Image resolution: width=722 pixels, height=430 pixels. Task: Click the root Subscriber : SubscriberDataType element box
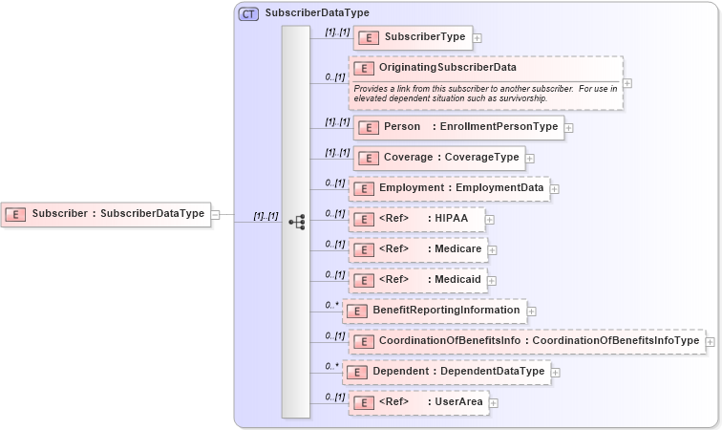pos(104,214)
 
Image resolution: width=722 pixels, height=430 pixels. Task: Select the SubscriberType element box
pos(413,38)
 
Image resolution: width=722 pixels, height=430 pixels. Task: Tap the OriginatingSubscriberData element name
pos(447,68)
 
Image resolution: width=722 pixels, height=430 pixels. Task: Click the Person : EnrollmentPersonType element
pos(458,127)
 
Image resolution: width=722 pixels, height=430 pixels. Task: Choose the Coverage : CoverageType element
pos(439,158)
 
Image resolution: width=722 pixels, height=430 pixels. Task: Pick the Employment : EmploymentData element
pos(449,188)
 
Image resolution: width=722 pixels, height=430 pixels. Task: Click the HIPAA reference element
pos(418,220)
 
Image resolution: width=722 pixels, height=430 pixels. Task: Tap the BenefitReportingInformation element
pos(435,311)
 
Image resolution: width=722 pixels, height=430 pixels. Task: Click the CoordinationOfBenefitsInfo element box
pos(526,341)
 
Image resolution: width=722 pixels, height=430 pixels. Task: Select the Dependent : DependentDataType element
pos(447,372)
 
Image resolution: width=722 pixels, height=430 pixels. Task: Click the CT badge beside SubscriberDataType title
pos(248,13)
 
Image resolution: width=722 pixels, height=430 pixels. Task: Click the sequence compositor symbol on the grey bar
pos(296,222)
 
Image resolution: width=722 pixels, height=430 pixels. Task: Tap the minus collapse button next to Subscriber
pos(215,214)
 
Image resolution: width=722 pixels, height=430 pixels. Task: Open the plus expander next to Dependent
pos(556,372)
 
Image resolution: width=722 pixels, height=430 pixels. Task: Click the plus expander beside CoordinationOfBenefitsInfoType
pos(710,341)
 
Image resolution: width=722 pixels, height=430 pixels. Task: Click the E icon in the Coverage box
pos(367,158)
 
